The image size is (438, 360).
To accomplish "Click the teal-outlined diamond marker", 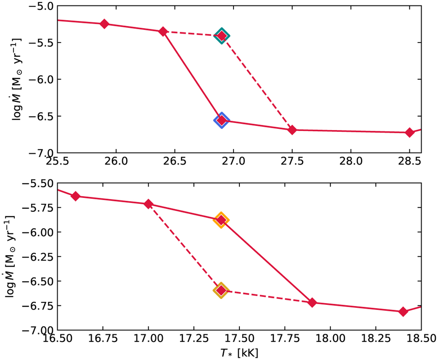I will [x=222, y=35].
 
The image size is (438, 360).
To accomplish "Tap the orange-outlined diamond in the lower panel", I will [x=221, y=220].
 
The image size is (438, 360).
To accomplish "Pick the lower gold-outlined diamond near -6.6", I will [x=221, y=290].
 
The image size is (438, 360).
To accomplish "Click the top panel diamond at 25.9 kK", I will [x=104, y=24].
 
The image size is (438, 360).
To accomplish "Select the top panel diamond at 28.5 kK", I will [x=410, y=132].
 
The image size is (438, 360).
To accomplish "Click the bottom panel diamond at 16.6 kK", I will [x=76, y=196].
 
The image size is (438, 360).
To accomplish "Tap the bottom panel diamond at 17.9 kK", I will [x=312, y=303].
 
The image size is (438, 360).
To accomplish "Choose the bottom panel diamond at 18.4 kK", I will [x=403, y=311].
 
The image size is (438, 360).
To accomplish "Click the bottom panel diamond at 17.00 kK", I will [x=148, y=204].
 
